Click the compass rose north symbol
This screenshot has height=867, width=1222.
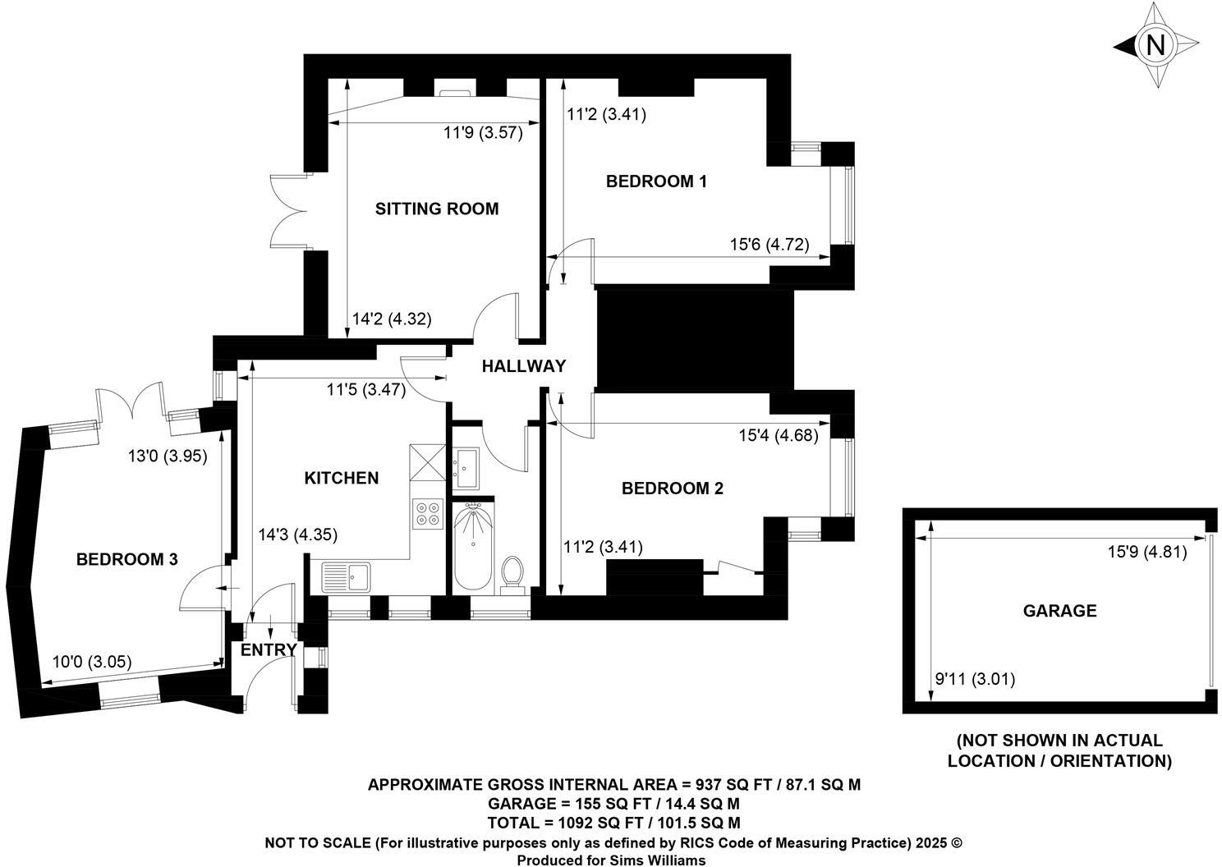pyautogui.click(x=1155, y=45)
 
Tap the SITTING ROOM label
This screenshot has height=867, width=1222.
pyautogui.click(x=437, y=209)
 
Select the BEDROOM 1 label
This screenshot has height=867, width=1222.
pyautogui.click(x=656, y=181)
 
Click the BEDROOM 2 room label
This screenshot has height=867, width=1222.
pyautogui.click(x=673, y=489)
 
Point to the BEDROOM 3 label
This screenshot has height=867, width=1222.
pyautogui.click(x=126, y=559)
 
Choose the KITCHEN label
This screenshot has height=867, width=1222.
pyautogui.click(x=342, y=478)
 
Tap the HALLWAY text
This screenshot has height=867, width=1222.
pyautogui.click(x=523, y=366)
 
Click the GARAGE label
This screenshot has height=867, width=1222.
pyautogui.click(x=1059, y=611)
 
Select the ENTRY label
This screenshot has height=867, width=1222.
pyautogui.click(x=269, y=650)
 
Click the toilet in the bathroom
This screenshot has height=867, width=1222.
pyautogui.click(x=512, y=574)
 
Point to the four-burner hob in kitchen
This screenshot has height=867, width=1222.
pyautogui.click(x=427, y=512)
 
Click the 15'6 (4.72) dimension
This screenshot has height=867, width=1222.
pyautogui.click(x=769, y=244)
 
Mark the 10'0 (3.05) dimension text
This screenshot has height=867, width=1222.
pyautogui.click(x=92, y=662)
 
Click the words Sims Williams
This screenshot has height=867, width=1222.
pyautogui.click(x=653, y=860)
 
